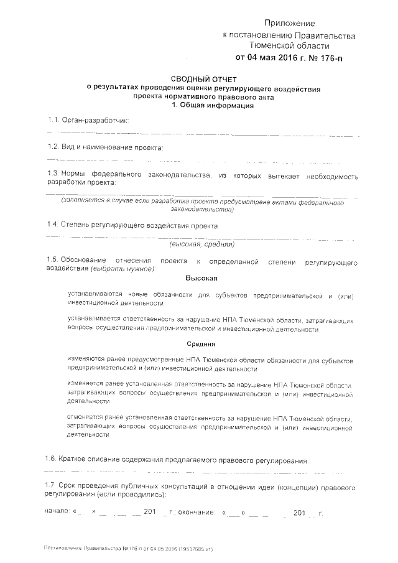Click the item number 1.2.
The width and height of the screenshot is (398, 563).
(x=53, y=147)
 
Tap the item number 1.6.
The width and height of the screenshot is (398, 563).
(x=53, y=460)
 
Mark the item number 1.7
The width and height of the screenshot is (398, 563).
(x=53, y=485)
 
